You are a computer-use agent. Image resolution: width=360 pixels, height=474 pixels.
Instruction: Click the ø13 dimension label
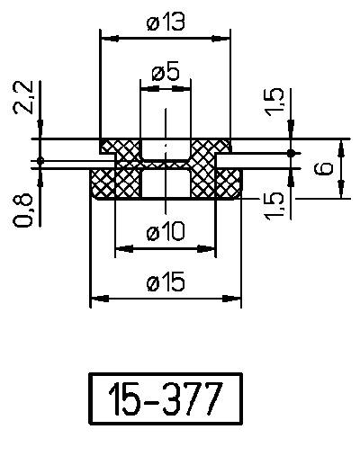(165, 24)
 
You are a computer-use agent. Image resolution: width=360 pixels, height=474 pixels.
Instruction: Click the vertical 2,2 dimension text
(24, 96)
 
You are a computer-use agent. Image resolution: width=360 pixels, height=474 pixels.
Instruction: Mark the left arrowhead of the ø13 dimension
(104, 39)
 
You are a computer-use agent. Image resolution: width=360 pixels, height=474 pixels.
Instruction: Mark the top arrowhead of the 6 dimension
(341, 145)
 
